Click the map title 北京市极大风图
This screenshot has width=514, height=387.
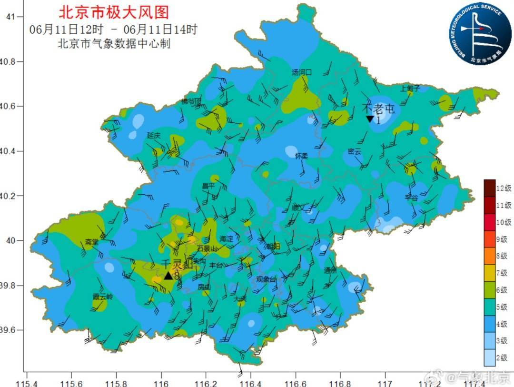[113, 12]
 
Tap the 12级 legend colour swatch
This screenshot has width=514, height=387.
[490, 188]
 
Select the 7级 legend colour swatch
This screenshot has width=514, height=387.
[490, 273]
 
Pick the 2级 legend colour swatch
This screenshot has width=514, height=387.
[490, 357]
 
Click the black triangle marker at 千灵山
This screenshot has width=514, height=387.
[168, 276]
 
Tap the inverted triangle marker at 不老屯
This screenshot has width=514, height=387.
[369, 119]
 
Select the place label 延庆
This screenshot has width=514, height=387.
[153, 136]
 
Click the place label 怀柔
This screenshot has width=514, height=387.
[301, 156]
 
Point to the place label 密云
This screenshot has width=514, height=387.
[355, 151]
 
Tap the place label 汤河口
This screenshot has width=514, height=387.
[301, 72]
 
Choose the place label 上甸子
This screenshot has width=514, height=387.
[410, 88]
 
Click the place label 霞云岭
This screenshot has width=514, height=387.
[103, 297]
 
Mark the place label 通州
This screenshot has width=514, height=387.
[330, 270]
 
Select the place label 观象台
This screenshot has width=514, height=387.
[266, 279]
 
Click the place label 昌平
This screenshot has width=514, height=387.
[208, 186]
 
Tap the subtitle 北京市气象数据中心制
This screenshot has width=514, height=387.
[114, 44]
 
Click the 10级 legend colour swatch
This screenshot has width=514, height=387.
[490, 222]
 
